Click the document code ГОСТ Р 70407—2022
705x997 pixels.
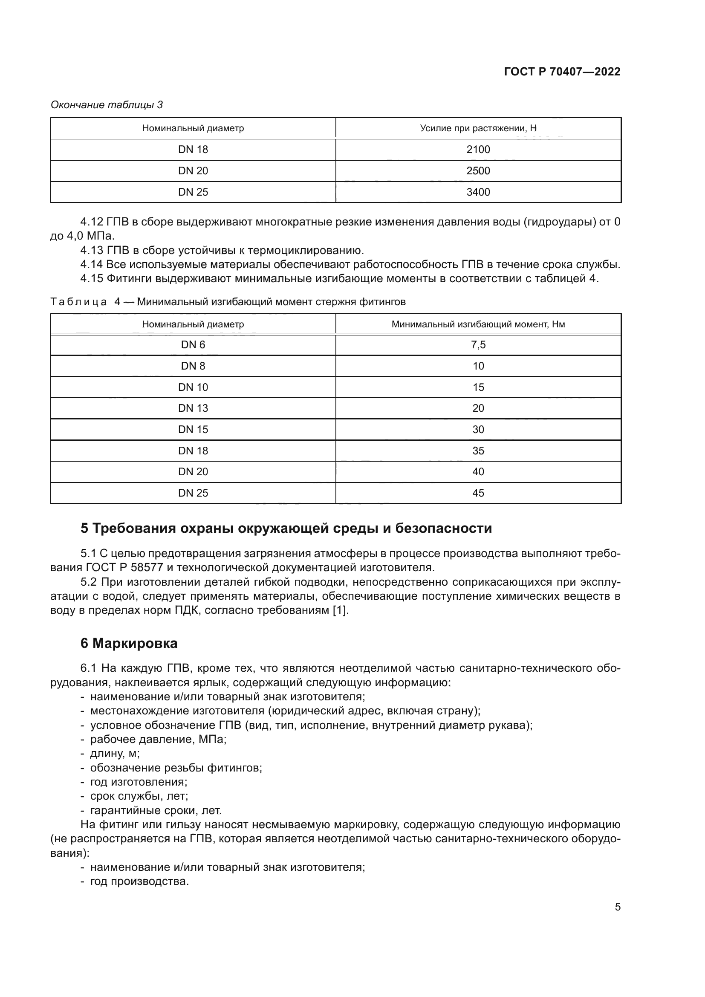[x=562, y=72]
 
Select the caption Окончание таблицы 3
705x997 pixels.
[x=107, y=105]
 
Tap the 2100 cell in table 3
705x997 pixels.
[x=478, y=149]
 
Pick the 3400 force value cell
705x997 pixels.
[x=478, y=192]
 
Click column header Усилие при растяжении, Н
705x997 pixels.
[x=478, y=128]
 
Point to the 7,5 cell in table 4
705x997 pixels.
[x=478, y=345]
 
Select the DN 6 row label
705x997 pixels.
[x=193, y=345]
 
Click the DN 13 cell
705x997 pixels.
[x=193, y=408]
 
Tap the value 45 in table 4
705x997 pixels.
[x=478, y=493]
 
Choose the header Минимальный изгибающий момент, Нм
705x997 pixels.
[x=478, y=324]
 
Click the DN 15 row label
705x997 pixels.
[x=193, y=430]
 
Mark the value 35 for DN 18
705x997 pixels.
[x=478, y=451]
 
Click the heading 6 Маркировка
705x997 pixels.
[x=129, y=643]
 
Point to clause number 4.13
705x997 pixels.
[x=92, y=251]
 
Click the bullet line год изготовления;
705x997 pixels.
[x=139, y=782]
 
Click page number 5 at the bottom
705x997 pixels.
[x=617, y=907]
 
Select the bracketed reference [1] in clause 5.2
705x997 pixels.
[x=340, y=610]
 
